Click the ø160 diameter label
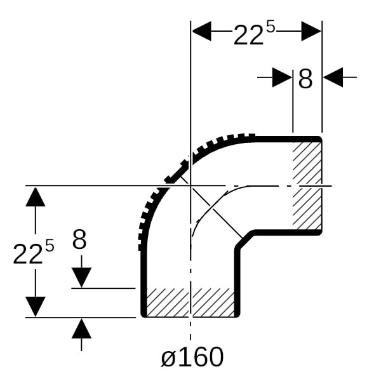(x=192, y=357)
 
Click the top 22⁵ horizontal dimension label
(x=254, y=34)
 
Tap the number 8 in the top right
(x=305, y=79)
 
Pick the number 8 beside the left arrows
(x=79, y=239)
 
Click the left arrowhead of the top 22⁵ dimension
(x=202, y=31)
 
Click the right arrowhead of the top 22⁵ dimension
(x=311, y=31)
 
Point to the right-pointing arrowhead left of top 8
(x=282, y=77)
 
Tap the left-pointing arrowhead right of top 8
(x=333, y=77)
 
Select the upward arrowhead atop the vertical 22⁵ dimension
(x=36, y=197)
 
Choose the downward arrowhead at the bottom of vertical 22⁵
(x=36, y=307)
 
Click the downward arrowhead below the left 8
(x=81, y=277)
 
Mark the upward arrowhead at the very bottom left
(x=81, y=328)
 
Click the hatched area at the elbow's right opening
(x=307, y=185)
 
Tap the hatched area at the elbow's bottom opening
(x=190, y=302)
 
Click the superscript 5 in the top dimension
(x=271, y=28)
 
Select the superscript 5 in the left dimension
(x=50, y=245)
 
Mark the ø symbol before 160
(x=168, y=358)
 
